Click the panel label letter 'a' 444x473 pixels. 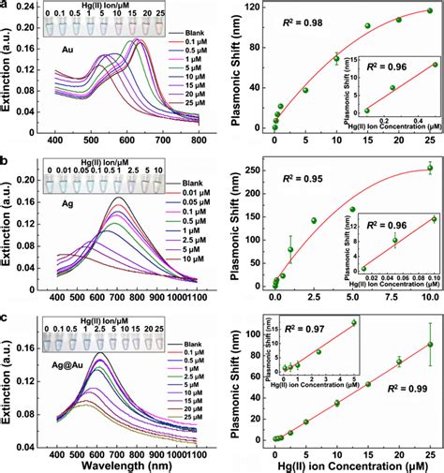7,6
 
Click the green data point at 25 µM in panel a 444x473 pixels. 430,11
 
